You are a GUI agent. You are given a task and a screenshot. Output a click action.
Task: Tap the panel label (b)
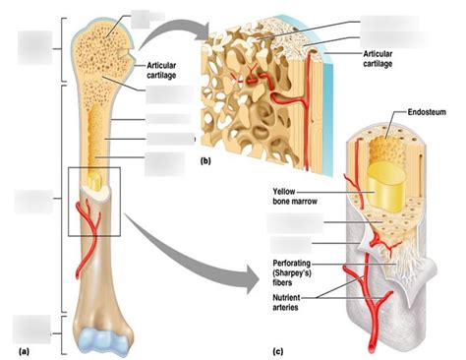[205, 158]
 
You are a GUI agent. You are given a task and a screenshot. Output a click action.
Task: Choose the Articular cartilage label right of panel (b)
[383, 60]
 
